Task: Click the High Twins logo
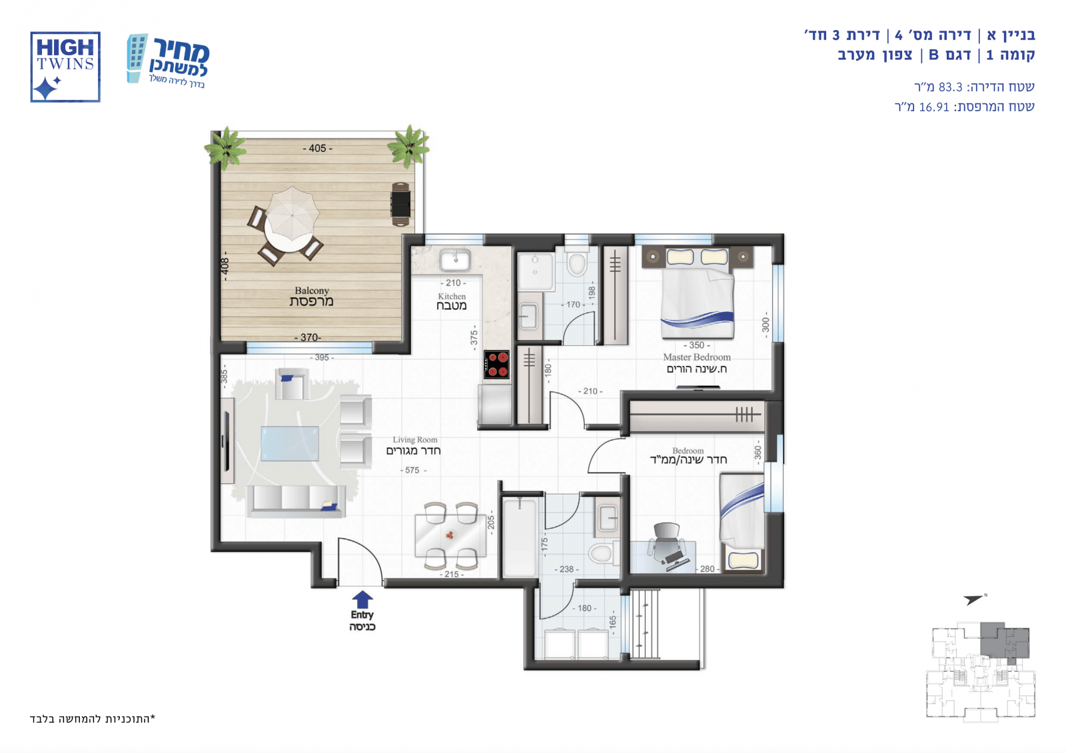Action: click(65, 67)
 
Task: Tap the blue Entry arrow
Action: click(362, 599)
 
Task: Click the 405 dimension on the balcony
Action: click(317, 149)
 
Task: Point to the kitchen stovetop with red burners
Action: click(497, 365)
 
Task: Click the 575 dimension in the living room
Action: click(412, 470)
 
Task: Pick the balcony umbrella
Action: click(292, 213)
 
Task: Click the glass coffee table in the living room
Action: click(290, 444)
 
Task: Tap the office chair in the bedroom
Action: click(667, 540)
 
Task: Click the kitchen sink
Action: click(455, 260)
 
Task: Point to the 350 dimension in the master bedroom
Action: click(697, 345)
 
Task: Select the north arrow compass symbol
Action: click(973, 599)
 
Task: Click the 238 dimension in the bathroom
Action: click(566, 569)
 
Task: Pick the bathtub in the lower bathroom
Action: click(520, 537)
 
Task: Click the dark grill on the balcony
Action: click(400, 204)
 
